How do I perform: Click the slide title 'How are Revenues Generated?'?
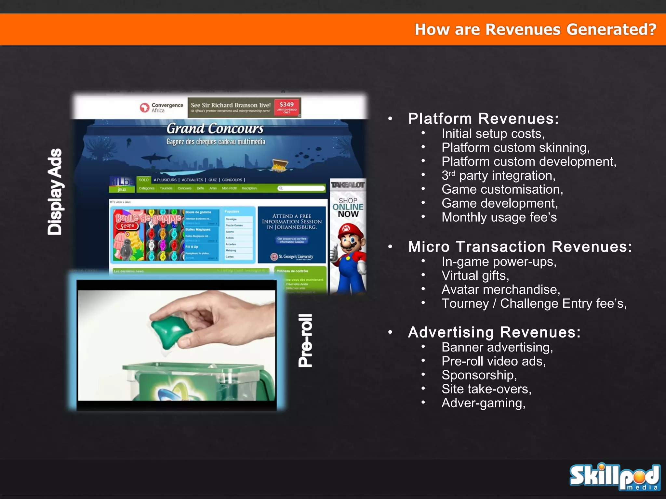click(535, 30)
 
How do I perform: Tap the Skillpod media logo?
click(614, 476)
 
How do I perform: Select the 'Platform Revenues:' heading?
click(483, 119)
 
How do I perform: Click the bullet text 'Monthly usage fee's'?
click(499, 217)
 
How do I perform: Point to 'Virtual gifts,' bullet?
click(475, 276)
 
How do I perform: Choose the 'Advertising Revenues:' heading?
click(494, 332)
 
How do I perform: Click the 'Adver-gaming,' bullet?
click(483, 403)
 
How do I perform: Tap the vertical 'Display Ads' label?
click(55, 192)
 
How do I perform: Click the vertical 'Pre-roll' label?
click(306, 340)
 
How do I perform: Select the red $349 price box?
click(286, 107)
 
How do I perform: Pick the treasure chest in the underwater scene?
click(279, 165)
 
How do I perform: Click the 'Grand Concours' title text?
click(215, 129)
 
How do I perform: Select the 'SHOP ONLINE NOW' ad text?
click(348, 207)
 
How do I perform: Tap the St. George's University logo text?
click(292, 257)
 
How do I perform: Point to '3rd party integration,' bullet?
click(498, 176)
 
